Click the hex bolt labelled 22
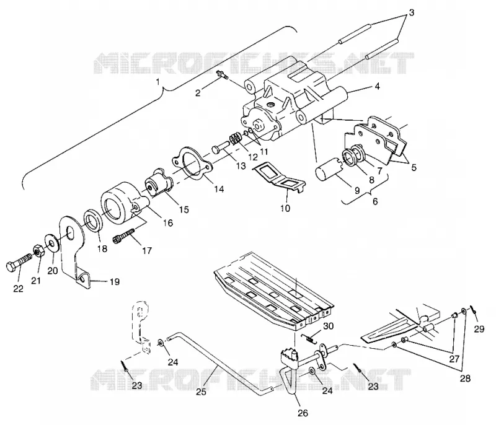tap(19, 261)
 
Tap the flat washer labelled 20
tap(51, 242)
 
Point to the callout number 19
tap(115, 281)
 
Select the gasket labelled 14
tap(192, 164)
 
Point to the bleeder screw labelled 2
tap(221, 76)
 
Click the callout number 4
tap(377, 85)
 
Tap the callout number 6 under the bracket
tap(375, 201)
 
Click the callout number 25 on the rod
tap(201, 392)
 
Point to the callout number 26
tap(303, 413)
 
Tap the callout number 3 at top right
tap(411, 12)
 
